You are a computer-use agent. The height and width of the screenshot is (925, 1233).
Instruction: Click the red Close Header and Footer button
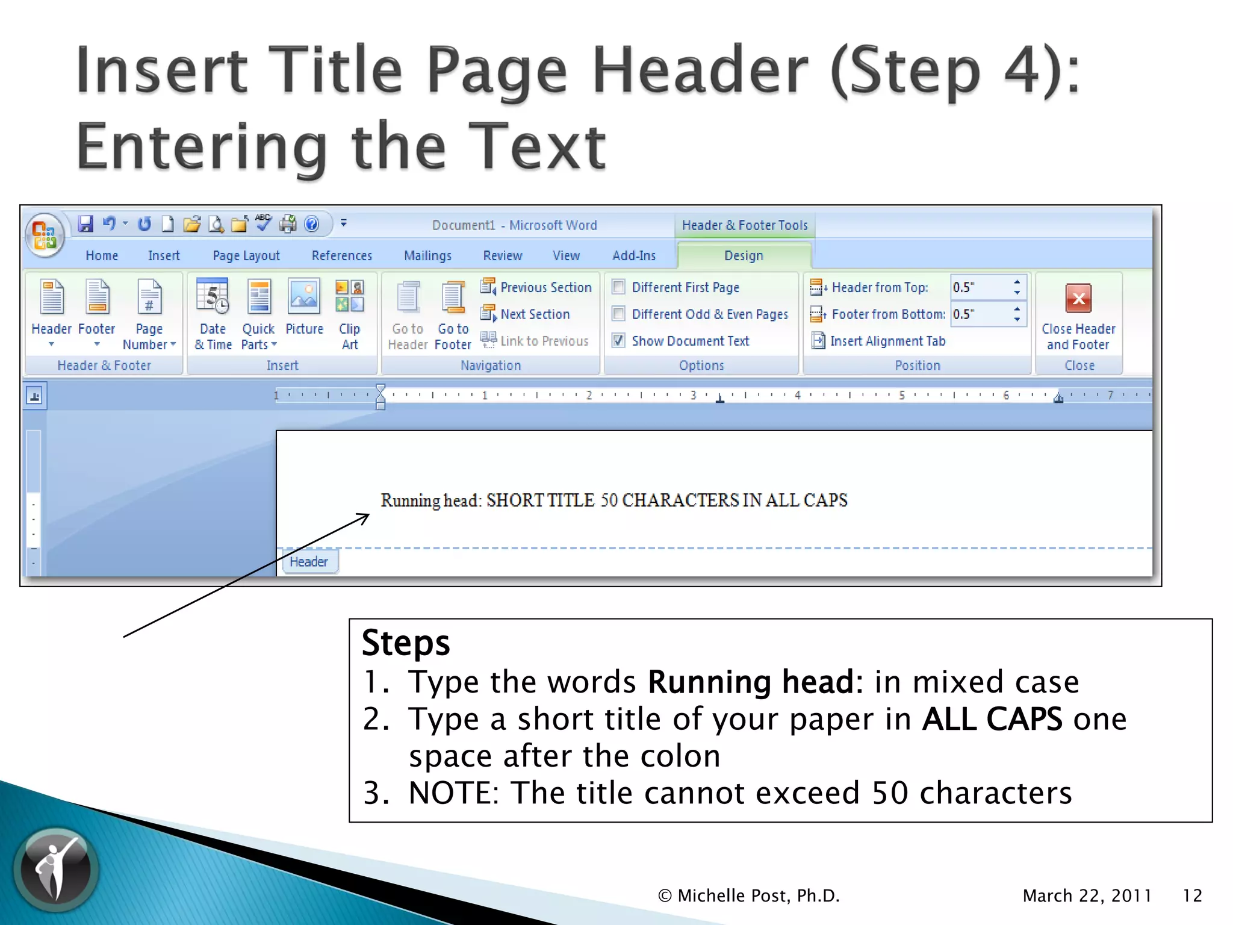[x=1078, y=299]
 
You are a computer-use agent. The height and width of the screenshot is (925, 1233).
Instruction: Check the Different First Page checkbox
[x=618, y=287]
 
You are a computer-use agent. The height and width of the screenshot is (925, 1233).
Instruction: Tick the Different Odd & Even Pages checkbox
[x=618, y=314]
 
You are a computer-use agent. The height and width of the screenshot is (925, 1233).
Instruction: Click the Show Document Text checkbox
[x=618, y=340]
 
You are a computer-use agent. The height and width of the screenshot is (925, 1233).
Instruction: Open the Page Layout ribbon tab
[x=246, y=255]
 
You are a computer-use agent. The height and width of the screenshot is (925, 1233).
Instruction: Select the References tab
[x=341, y=255]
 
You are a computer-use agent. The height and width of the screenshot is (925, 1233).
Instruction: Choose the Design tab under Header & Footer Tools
[x=744, y=255]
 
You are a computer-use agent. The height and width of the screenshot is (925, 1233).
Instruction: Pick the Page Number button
[x=149, y=298]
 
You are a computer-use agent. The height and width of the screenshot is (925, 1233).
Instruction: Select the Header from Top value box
[x=980, y=287]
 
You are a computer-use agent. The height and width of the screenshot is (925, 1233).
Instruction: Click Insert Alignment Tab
[x=887, y=341]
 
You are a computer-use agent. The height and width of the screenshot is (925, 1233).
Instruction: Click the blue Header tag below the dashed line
[x=309, y=562]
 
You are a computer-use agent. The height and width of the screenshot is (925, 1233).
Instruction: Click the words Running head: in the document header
[x=431, y=500]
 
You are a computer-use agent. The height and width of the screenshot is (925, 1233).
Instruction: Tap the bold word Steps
[x=406, y=643]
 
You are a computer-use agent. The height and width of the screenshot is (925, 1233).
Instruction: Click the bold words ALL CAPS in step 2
[x=992, y=719]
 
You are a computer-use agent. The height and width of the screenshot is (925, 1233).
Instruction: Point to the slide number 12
[x=1192, y=895]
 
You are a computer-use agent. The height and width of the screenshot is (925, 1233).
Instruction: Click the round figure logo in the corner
[x=57, y=868]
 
